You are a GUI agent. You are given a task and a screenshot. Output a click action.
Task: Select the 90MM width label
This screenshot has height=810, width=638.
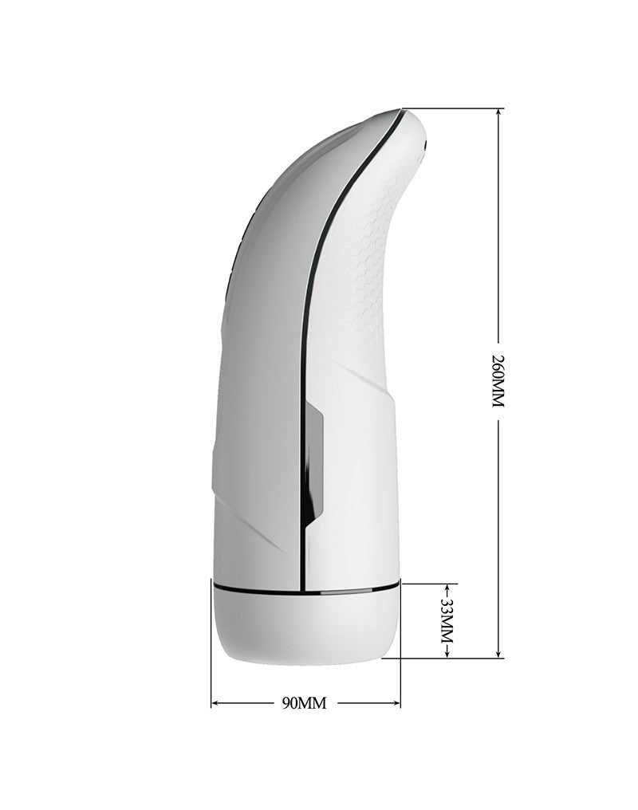[305, 702]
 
